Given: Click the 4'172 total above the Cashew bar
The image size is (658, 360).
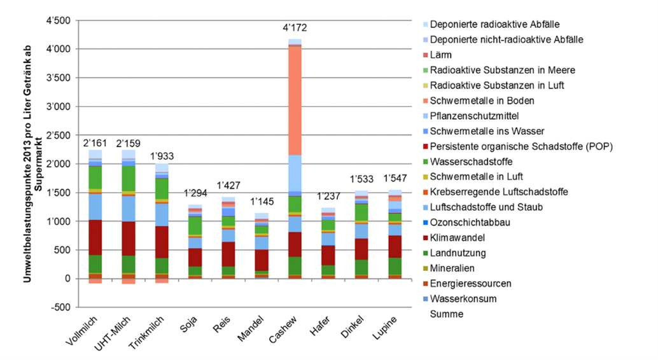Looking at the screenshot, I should [x=294, y=29].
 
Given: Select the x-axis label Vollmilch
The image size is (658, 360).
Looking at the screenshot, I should [x=82, y=333].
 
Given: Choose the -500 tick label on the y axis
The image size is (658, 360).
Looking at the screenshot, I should [x=59, y=307].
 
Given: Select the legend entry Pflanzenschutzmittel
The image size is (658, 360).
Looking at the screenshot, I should [x=474, y=116].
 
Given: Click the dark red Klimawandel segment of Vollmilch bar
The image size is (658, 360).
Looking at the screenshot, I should [x=95, y=237].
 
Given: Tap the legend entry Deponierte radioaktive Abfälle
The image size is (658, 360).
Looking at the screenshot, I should [x=494, y=24].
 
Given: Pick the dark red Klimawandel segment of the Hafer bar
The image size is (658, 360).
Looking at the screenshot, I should [x=328, y=255].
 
